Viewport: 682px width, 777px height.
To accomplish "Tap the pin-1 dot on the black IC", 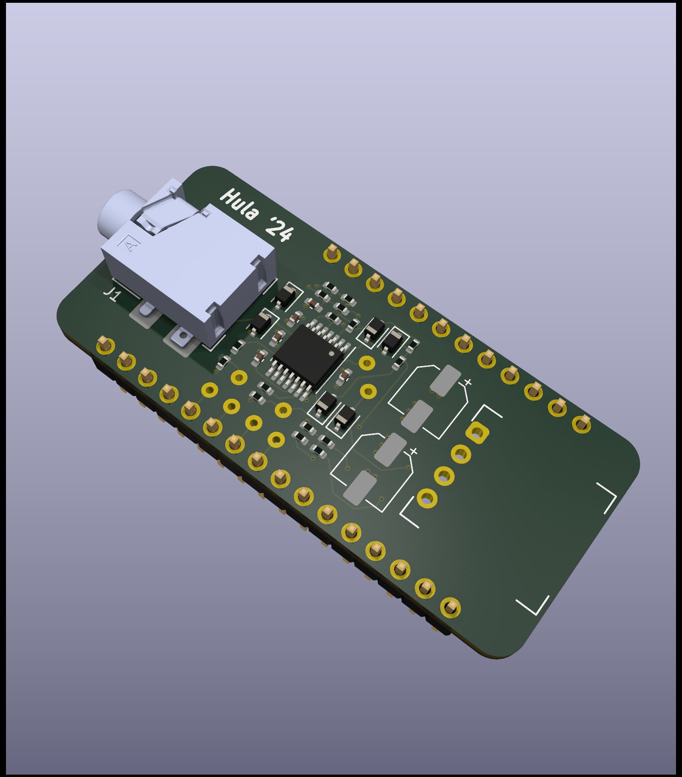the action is coord(331,354).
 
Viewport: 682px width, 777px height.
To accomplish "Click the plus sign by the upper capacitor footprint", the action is coord(467,382).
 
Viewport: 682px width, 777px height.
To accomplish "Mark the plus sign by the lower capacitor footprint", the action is coord(414,451).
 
